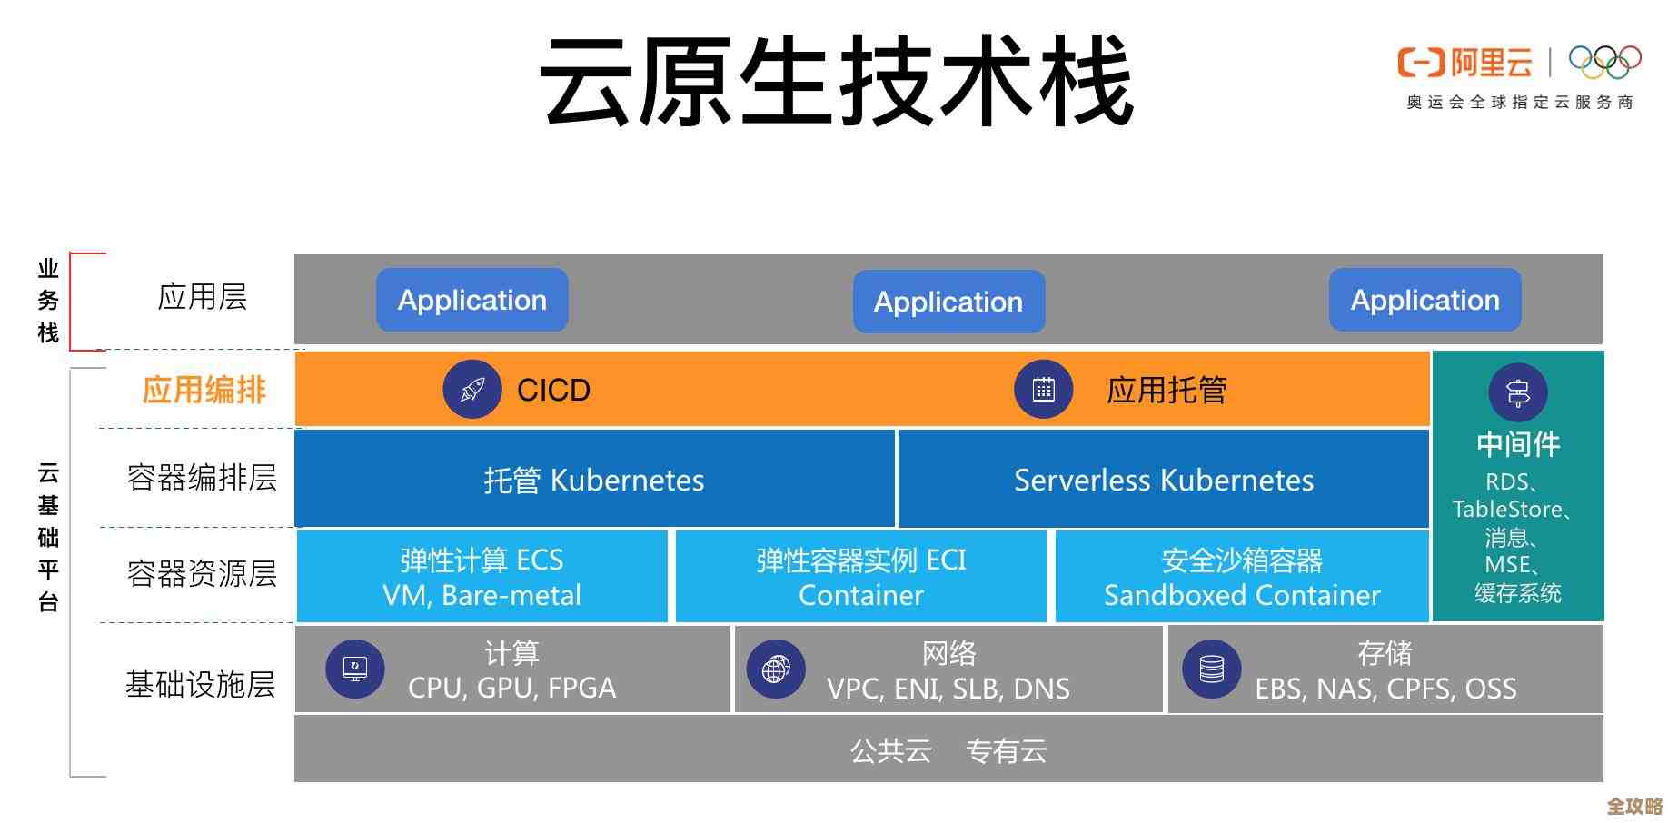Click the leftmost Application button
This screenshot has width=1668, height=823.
coord(472,300)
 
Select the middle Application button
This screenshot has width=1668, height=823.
coord(948,302)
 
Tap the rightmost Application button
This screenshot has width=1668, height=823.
coord(1425,300)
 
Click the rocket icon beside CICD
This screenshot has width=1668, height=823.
coord(472,390)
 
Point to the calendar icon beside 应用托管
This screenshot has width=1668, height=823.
coord(1044,390)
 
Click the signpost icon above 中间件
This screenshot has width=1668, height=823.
coord(1517,392)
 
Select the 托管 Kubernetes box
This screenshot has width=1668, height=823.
coord(594,480)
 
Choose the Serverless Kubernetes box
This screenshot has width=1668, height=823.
coord(1163,480)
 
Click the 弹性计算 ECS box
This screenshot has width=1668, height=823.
coord(482,577)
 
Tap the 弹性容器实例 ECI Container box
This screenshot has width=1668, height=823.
coord(860,577)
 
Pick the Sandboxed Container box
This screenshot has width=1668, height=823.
coord(1241,577)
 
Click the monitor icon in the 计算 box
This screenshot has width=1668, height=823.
coord(355,669)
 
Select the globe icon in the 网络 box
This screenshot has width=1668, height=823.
coord(776,669)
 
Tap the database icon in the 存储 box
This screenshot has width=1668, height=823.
coord(1211,669)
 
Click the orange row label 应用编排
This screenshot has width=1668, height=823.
coord(204,390)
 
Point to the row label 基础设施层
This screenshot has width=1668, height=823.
coord(200,684)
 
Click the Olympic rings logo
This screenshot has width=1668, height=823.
coord(1604,62)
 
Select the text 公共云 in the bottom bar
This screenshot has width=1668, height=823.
coord(890,751)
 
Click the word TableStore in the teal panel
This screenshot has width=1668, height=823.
coord(1507,510)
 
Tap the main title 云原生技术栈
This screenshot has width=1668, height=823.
coord(836,82)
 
